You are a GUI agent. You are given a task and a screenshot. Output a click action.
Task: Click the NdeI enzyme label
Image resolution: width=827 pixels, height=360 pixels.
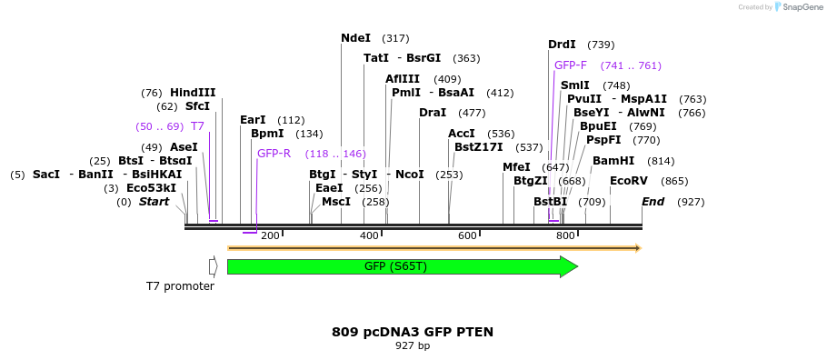pyautogui.click(x=355, y=38)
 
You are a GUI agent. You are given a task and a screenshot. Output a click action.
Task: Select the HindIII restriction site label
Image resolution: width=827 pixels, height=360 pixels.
pyautogui.click(x=193, y=93)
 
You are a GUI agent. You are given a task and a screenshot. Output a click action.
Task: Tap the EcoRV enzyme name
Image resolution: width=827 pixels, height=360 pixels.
pyautogui.click(x=629, y=181)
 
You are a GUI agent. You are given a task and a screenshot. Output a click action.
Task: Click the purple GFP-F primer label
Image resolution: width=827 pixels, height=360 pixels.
pyautogui.click(x=571, y=65)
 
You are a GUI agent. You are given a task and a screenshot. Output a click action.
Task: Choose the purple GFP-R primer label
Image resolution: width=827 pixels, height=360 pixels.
pyautogui.click(x=274, y=154)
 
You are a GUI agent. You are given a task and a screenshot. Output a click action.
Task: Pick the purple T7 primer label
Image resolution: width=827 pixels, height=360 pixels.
pyautogui.click(x=197, y=126)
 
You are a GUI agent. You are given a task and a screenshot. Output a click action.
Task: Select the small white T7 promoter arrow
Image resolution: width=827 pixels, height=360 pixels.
pyautogui.click(x=213, y=266)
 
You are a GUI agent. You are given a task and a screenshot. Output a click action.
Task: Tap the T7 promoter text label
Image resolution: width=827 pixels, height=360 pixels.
pyautogui.click(x=180, y=286)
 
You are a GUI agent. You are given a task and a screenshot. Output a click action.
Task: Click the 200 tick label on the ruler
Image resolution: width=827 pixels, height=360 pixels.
pyautogui.click(x=270, y=236)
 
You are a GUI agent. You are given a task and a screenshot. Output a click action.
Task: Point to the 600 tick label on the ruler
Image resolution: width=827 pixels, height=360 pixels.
pyautogui.click(x=467, y=236)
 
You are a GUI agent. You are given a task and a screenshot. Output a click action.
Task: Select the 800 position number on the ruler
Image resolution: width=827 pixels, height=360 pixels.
pyautogui.click(x=565, y=236)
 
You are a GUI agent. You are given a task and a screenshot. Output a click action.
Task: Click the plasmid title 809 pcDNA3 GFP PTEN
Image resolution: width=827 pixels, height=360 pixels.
pyautogui.click(x=413, y=332)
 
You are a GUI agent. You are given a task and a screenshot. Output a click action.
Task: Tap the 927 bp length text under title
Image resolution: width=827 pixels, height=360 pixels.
pyautogui.click(x=413, y=346)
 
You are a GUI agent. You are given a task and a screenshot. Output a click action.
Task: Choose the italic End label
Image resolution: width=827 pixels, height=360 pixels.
pyautogui.click(x=653, y=202)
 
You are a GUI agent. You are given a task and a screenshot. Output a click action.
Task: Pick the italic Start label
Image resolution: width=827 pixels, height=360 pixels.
pyautogui.click(x=154, y=202)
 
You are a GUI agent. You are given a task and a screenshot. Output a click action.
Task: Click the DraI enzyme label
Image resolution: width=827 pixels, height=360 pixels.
pyautogui.click(x=433, y=113)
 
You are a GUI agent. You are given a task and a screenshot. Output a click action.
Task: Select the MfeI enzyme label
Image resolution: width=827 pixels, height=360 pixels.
pyautogui.click(x=516, y=167)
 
